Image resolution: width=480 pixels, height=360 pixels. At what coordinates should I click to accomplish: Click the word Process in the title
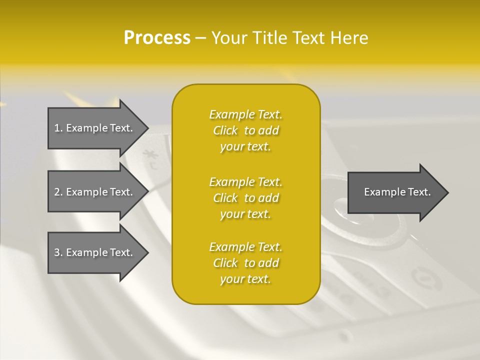click(x=157, y=38)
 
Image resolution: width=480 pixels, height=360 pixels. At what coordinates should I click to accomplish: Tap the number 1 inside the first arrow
click(x=57, y=128)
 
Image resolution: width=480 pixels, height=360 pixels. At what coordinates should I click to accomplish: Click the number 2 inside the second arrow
click(x=57, y=192)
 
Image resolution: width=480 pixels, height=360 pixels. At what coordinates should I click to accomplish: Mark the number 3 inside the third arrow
click(x=57, y=252)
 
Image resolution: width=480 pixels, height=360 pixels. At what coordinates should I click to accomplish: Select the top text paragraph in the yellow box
click(x=245, y=130)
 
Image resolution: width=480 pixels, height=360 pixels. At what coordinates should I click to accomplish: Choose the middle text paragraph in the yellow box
click(x=245, y=198)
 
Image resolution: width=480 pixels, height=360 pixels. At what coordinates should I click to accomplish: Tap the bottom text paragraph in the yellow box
click(x=245, y=263)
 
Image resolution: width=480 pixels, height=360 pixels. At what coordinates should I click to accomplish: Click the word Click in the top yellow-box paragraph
click(x=225, y=130)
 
